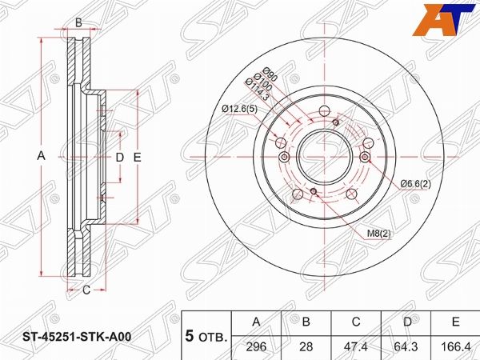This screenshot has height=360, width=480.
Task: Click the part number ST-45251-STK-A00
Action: (x=78, y=337)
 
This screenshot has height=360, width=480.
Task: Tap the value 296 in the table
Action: (x=256, y=347)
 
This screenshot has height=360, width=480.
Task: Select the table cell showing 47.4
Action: (x=356, y=347)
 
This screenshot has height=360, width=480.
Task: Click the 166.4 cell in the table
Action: (x=455, y=347)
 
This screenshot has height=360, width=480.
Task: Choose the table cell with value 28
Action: (x=306, y=347)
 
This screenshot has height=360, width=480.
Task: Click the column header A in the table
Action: (x=256, y=322)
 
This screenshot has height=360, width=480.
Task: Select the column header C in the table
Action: (x=356, y=322)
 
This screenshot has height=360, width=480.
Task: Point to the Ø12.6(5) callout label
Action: (x=240, y=108)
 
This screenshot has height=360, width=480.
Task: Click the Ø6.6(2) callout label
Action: (x=416, y=184)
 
